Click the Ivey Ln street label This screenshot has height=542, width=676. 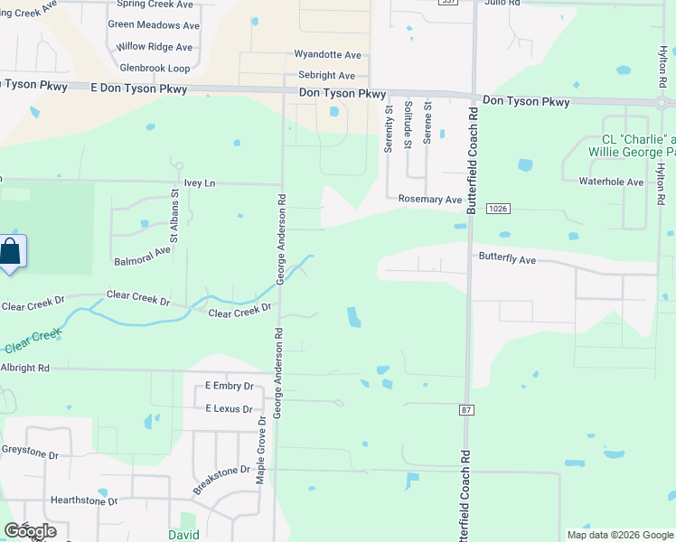click(199, 183)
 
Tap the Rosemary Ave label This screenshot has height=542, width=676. click(430, 199)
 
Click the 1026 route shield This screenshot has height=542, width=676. click(496, 209)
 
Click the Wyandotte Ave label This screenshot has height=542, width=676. click(327, 55)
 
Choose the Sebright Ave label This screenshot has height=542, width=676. click(325, 76)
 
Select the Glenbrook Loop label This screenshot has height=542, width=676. click(155, 68)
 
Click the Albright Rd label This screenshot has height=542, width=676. click(24, 369)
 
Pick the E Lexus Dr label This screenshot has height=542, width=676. click(229, 409)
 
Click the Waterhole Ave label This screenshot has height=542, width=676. click(611, 182)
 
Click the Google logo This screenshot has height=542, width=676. click(30, 530)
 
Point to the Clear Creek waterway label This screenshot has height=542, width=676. click(33, 341)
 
